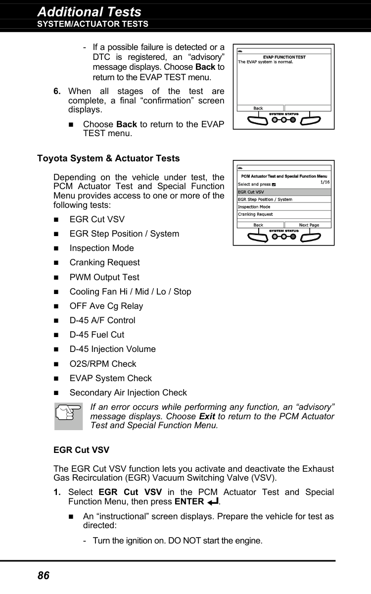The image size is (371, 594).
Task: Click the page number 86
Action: coord(44,575)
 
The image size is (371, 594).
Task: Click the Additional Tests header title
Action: coord(89,11)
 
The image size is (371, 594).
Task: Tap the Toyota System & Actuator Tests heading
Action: coord(108,158)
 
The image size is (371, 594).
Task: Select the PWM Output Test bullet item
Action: coord(104,277)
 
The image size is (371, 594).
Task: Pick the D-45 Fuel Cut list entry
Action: coord(97,335)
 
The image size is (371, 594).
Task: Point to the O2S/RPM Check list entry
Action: coord(103,364)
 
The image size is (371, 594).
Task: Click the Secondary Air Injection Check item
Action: coord(128,393)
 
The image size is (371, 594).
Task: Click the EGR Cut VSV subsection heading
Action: coord(81,450)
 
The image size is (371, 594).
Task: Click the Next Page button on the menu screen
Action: coord(309,225)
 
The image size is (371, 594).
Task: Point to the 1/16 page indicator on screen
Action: coord(325,182)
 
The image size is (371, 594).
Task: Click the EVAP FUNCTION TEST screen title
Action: coord(284,57)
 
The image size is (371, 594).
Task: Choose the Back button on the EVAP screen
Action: coord(259,108)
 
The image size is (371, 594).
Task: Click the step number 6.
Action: coord(57,91)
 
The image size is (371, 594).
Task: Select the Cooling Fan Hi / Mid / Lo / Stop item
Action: coord(130,292)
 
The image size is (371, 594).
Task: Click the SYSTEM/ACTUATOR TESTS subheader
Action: coord(93,24)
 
